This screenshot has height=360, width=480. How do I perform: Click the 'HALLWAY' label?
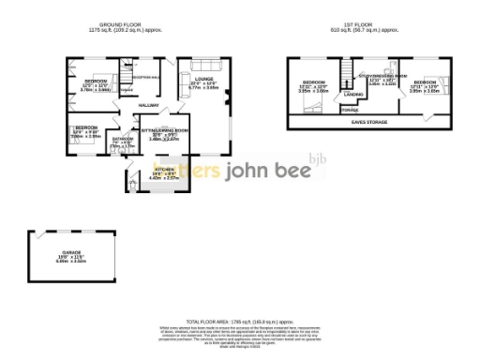[148, 106]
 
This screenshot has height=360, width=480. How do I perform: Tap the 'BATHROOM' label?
[123, 139]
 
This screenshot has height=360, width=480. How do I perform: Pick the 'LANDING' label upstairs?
[353, 95]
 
